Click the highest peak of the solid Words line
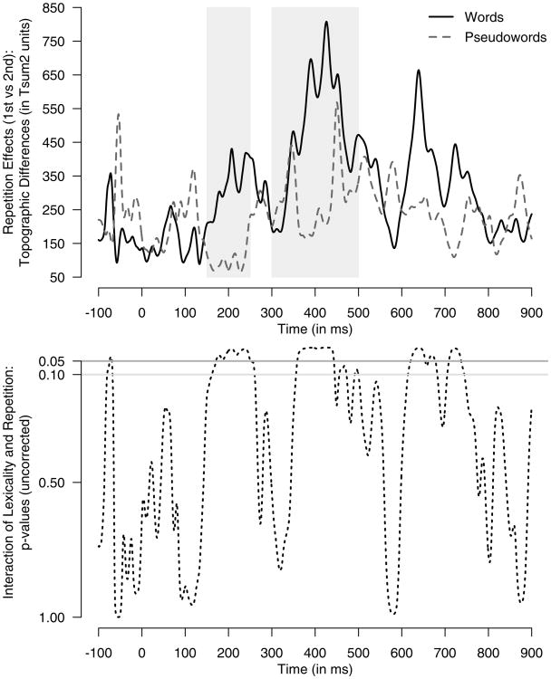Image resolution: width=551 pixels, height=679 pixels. [x=326, y=23]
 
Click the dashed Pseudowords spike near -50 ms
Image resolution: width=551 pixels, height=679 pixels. [x=119, y=115]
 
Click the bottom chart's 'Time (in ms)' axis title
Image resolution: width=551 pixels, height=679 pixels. [x=314, y=665]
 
